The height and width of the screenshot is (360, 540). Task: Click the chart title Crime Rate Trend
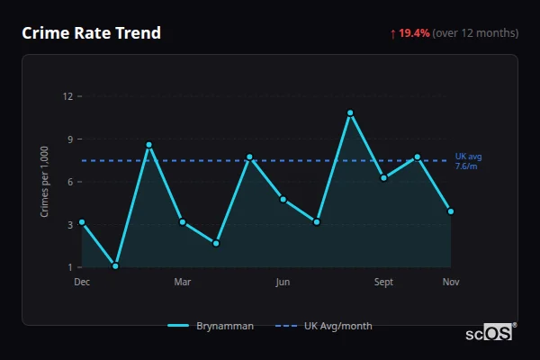pos(91,33)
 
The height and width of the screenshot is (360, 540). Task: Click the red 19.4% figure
pos(414,33)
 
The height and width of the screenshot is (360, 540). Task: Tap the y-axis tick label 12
pos(68,95)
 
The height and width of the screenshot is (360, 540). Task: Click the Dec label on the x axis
pos(82,283)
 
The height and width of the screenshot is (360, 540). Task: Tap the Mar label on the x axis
pos(183,283)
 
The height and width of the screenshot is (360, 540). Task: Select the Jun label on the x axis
pos(283,283)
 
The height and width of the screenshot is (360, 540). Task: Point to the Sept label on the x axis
pos(383,283)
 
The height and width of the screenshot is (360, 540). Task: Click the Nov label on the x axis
pos(451,283)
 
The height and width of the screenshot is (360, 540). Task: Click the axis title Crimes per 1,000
pos(45,182)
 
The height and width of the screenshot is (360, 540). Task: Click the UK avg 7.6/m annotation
pos(467,161)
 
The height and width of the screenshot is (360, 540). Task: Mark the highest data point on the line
pos(350,112)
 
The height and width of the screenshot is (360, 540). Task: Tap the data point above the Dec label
pos(82,221)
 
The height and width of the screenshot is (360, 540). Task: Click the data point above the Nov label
pos(451,211)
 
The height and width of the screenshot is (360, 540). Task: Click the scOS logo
pos(490,332)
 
